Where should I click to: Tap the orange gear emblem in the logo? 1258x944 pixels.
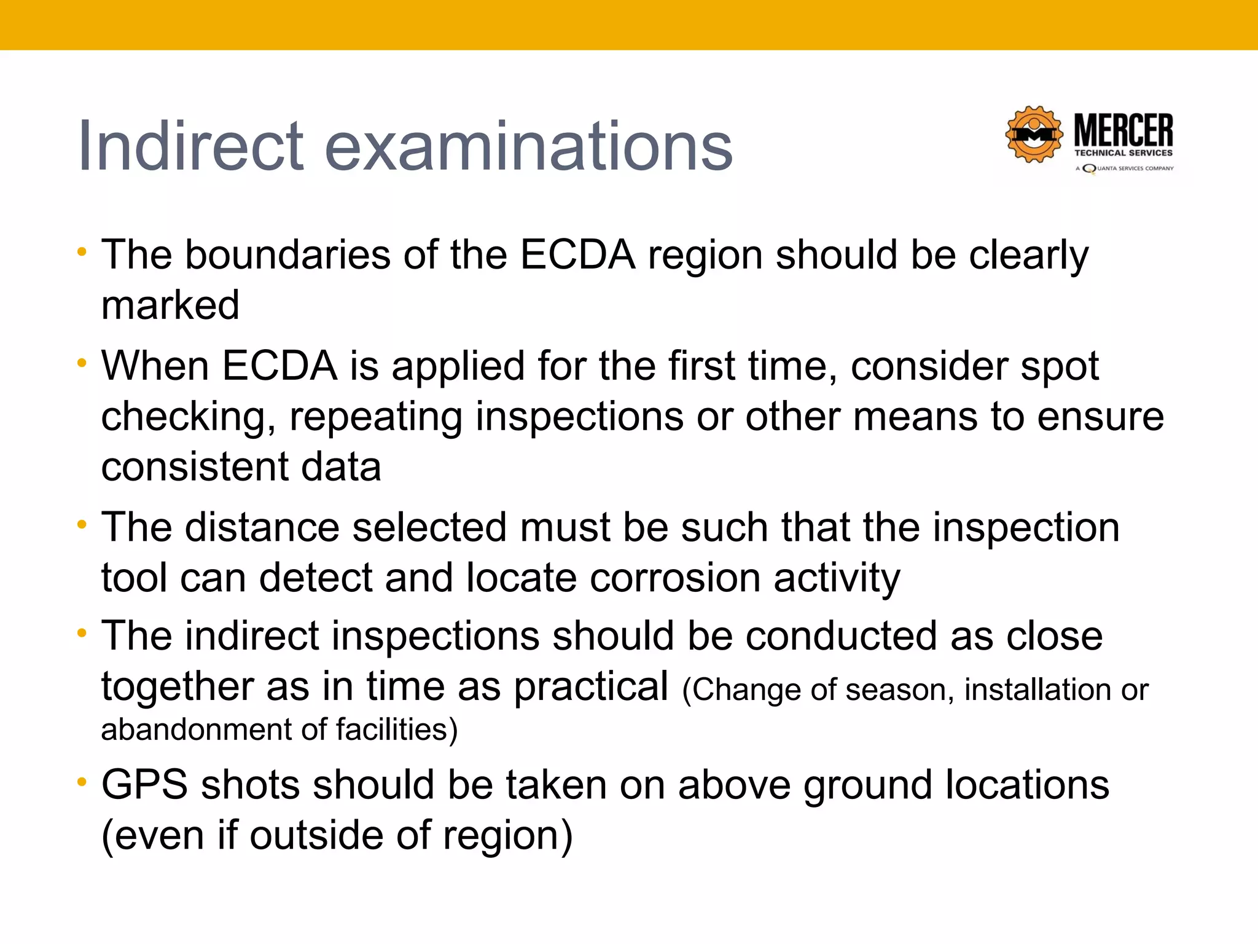pos(1034,134)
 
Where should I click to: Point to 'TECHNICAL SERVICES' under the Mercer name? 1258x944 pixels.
pos(1123,153)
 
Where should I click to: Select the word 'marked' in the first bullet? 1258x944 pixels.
pos(170,305)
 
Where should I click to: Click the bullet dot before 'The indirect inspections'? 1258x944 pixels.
pos(82,633)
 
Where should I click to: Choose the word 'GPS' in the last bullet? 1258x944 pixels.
pos(144,785)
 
